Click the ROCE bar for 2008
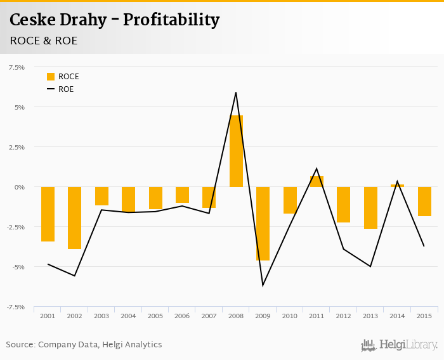tap(236, 151)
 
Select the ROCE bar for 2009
tap(263, 223)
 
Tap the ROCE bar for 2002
tap(75, 217)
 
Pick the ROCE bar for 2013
tap(370, 207)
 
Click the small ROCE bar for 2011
tap(317, 181)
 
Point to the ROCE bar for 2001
tap(48, 214)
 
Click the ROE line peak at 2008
tap(236, 93)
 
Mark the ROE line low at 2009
tap(263, 285)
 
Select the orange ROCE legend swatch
tap(51, 77)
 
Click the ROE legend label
tap(66, 89)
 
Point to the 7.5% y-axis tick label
tap(16, 67)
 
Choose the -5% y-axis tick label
tap(17, 267)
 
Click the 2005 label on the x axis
tap(155, 316)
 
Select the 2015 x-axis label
tap(424, 316)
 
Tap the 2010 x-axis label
tap(290, 316)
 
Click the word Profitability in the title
tap(171, 20)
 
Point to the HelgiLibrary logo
tap(399, 345)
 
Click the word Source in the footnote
tap(20, 345)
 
